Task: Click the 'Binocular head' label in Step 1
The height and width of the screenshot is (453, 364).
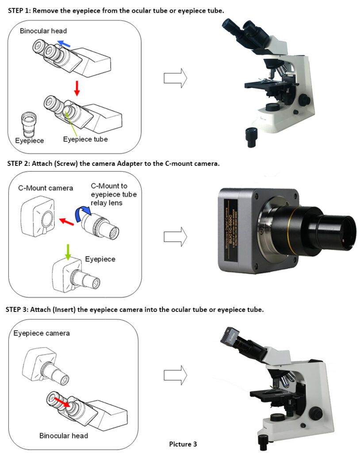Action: [43, 31]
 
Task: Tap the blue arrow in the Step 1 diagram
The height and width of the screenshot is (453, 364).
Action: [65, 43]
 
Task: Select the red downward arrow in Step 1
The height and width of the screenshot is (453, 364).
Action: [77, 88]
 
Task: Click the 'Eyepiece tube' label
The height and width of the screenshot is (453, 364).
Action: [85, 139]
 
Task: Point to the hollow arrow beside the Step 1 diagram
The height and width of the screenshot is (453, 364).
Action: [175, 78]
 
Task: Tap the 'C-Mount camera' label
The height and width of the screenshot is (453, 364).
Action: [46, 188]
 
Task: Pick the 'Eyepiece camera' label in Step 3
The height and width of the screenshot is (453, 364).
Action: [42, 333]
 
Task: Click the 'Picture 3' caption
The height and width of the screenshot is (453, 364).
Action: [183, 444]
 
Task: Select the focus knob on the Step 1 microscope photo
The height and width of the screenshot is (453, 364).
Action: [303, 100]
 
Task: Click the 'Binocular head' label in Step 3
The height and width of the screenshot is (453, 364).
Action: [64, 436]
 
